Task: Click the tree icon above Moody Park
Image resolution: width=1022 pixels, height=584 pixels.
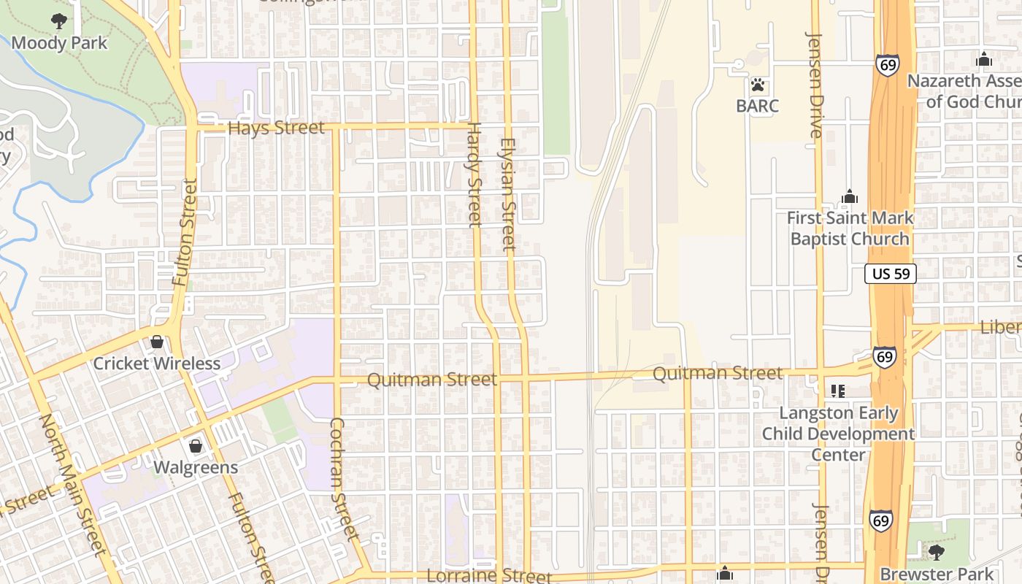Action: (x=59, y=22)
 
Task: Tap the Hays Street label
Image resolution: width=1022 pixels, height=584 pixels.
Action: (x=276, y=128)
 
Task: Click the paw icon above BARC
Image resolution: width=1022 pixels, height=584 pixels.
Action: (x=758, y=85)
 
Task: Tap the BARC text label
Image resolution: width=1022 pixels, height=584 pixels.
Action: (x=758, y=106)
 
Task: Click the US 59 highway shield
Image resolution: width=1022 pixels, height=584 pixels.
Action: (x=891, y=274)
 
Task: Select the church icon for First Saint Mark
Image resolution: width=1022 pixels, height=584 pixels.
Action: (x=850, y=196)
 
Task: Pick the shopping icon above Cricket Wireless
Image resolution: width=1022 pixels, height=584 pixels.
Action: (x=157, y=342)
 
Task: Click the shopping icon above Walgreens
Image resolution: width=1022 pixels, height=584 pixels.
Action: (x=196, y=446)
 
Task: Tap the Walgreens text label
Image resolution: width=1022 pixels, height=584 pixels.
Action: (x=196, y=467)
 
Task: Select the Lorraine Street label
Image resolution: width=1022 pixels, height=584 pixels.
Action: (x=489, y=575)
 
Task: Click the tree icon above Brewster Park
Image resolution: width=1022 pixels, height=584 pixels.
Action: (x=937, y=553)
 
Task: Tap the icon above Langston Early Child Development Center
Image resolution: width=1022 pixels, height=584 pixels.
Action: (x=838, y=391)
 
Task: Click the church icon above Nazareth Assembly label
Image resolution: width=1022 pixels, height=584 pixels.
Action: (x=984, y=59)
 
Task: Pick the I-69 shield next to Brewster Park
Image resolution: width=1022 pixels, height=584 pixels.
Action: (x=880, y=520)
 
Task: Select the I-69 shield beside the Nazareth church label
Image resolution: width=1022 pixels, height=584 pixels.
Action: (x=888, y=65)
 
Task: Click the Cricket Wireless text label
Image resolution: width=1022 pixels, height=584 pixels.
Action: (x=157, y=364)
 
